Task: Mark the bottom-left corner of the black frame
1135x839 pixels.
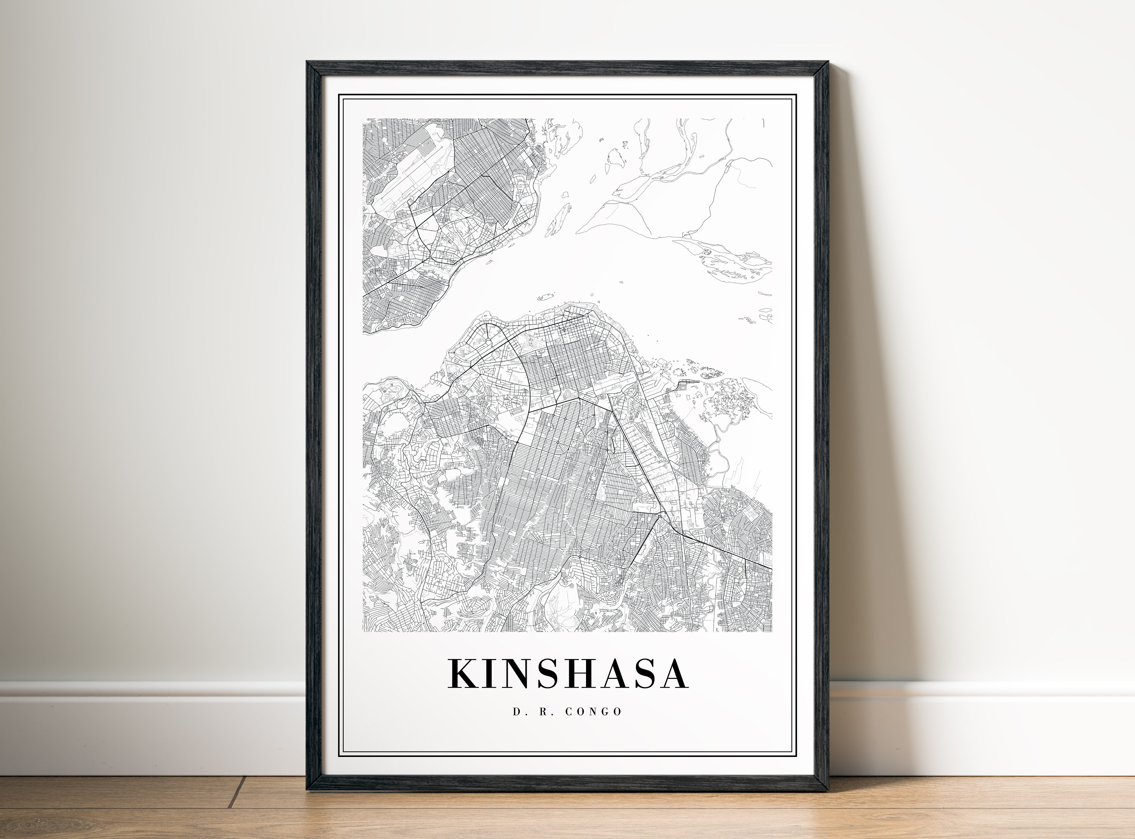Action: (308, 790)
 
